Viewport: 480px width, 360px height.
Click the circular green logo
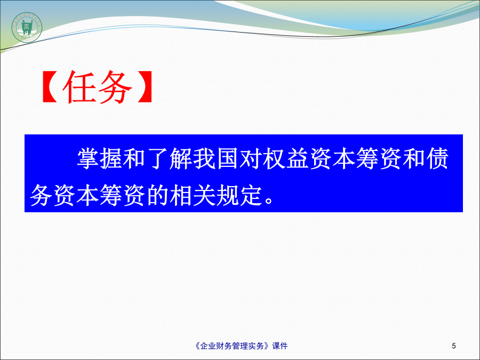pos(27,28)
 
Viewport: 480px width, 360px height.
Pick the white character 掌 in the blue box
pos(88,158)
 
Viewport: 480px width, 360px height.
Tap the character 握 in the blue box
pos(111,158)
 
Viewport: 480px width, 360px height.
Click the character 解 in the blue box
pos(181,158)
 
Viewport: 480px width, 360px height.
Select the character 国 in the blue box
pos(228,158)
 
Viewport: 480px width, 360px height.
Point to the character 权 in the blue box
pos(274,158)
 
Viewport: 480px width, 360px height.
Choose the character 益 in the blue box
pos(298,158)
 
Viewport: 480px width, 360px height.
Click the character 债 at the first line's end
pos(438,158)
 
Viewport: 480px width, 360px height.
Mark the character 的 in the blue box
pos(158,195)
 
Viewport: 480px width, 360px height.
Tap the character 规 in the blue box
pos(228,195)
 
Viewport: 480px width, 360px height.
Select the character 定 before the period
pos(251,195)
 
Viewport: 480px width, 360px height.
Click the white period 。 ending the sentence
pos(269,201)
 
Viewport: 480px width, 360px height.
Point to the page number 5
pos(454,346)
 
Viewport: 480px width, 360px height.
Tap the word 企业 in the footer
pos(208,346)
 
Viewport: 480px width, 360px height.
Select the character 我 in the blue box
pos(204,158)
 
